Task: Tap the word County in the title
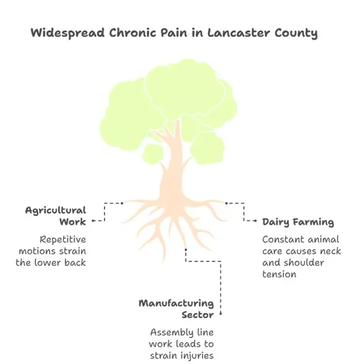point(297,33)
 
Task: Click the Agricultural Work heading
point(56,216)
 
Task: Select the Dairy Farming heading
point(298,222)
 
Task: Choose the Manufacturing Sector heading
point(176,309)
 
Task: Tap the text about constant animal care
point(301,256)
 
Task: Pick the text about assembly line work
point(182,343)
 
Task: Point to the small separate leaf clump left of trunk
point(153,154)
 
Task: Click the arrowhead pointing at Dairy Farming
point(256,221)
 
